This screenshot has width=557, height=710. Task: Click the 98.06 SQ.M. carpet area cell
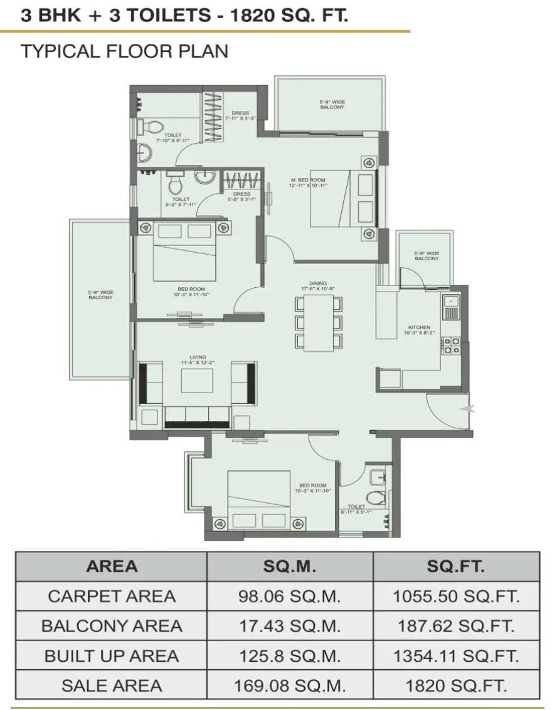289,596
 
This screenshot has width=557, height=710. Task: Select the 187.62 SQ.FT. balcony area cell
456,625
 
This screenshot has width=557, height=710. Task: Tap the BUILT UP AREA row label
112,655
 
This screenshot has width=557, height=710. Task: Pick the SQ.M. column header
289,566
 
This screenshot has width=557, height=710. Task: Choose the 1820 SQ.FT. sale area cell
456,685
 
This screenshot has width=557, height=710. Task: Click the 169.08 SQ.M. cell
289,685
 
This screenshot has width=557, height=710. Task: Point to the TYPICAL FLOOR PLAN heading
125,51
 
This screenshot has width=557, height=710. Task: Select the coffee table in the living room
197,381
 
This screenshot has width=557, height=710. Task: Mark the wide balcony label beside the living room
100,295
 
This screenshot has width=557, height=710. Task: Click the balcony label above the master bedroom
332,105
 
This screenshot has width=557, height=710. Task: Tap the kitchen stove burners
452,344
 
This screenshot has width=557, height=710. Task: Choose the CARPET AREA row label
112,596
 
